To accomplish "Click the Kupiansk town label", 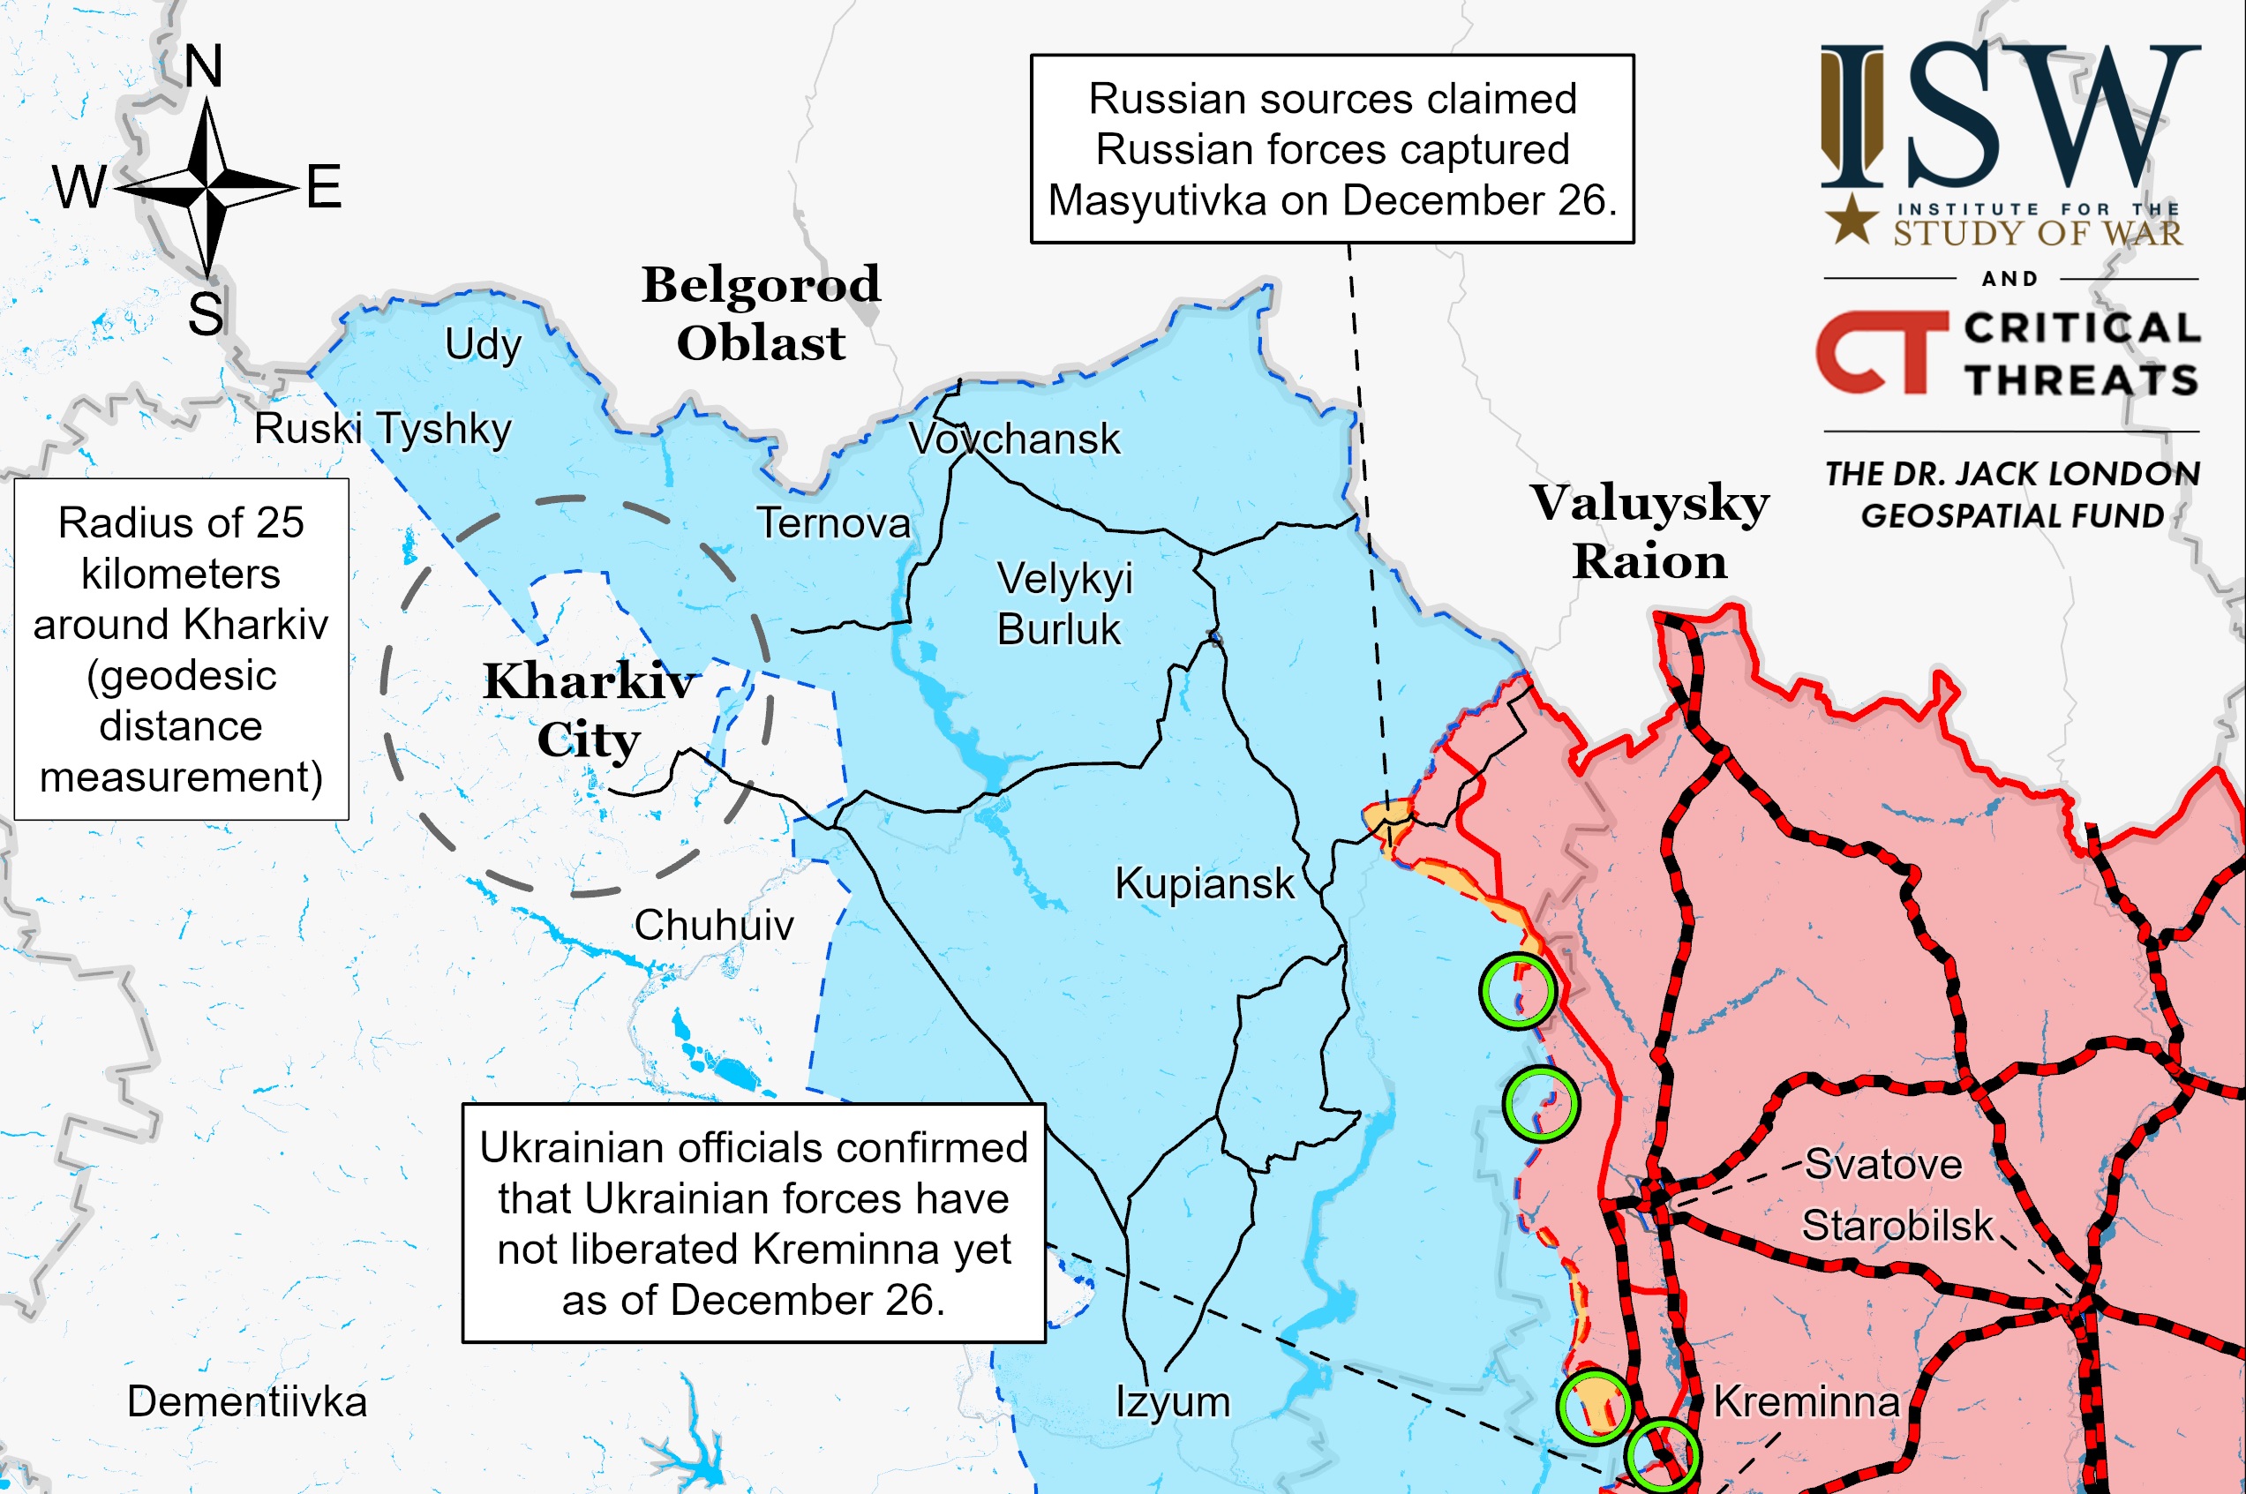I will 1205,883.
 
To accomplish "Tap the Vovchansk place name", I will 1015,439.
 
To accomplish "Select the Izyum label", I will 1172,1401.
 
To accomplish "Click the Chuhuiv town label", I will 714,924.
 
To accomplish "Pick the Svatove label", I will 1883,1164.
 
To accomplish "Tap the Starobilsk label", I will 1897,1226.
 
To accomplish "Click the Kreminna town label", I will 1806,1401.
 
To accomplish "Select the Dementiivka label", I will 247,1401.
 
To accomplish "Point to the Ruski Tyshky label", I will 382,428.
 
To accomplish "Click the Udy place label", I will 483,344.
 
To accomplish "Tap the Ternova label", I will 833,523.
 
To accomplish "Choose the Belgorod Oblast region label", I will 761,313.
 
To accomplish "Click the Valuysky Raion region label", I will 1649,531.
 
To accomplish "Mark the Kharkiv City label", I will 589,709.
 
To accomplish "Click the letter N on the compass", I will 203,67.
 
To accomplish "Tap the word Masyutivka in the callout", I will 1157,201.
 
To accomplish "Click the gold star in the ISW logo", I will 1852,219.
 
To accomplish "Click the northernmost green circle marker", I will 1517,991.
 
